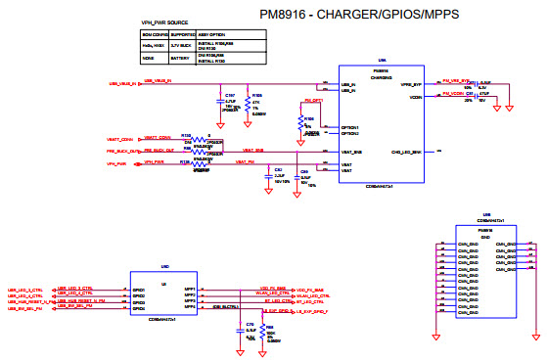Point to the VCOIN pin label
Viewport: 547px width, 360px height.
415,97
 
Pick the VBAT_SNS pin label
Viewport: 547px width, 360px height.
351,152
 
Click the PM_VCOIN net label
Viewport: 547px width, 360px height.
451,94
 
